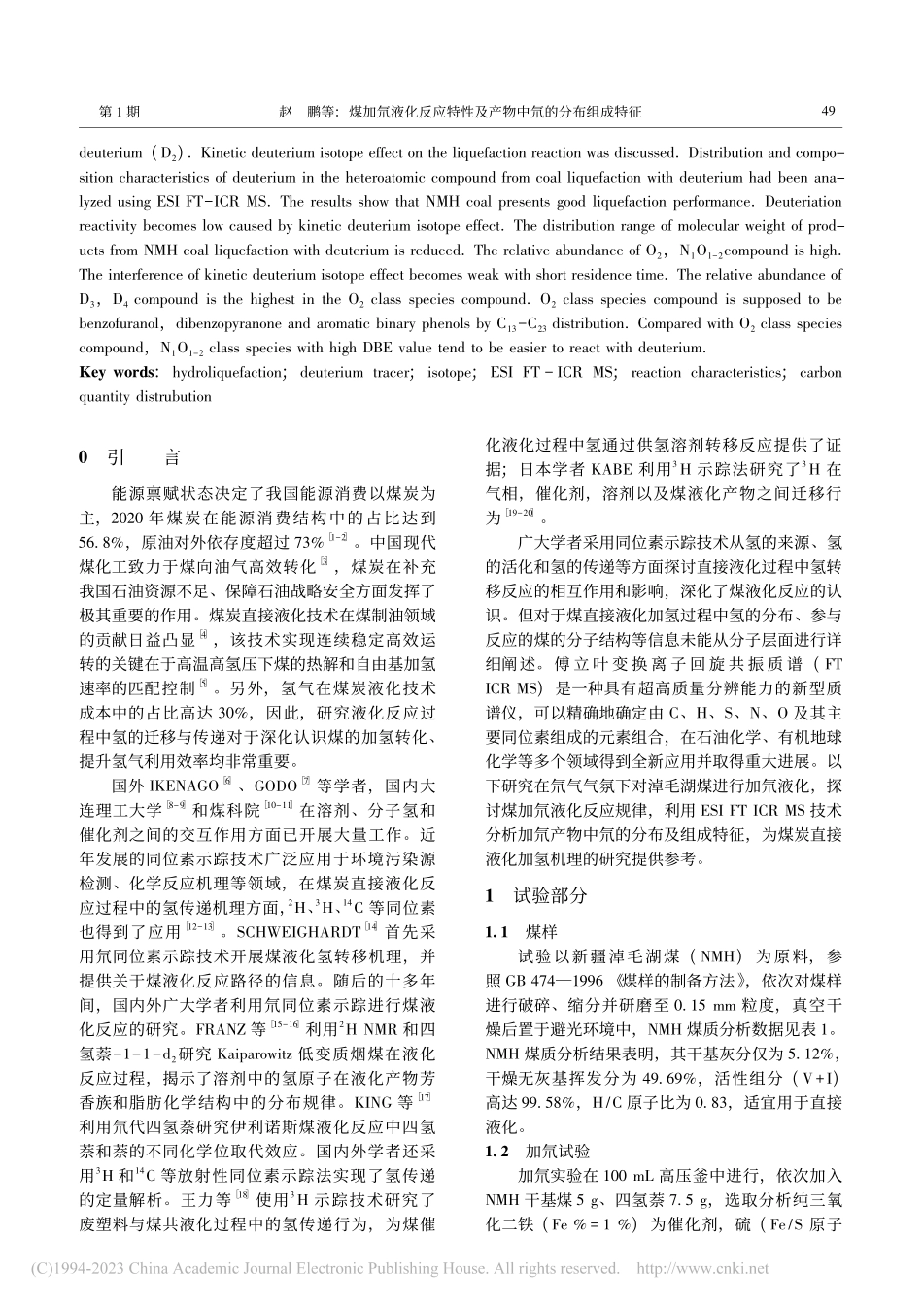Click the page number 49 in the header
click(x=828, y=112)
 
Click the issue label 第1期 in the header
click(x=120, y=112)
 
